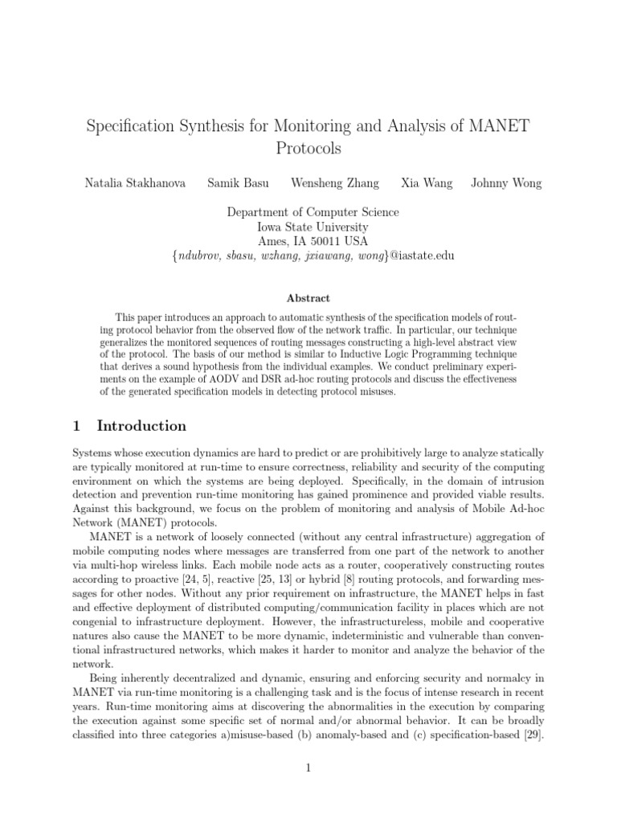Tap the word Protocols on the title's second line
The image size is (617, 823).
308,149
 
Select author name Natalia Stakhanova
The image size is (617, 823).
135,183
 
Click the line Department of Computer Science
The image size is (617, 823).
308,212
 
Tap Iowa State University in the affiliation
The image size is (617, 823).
308,227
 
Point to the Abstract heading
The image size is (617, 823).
308,298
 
